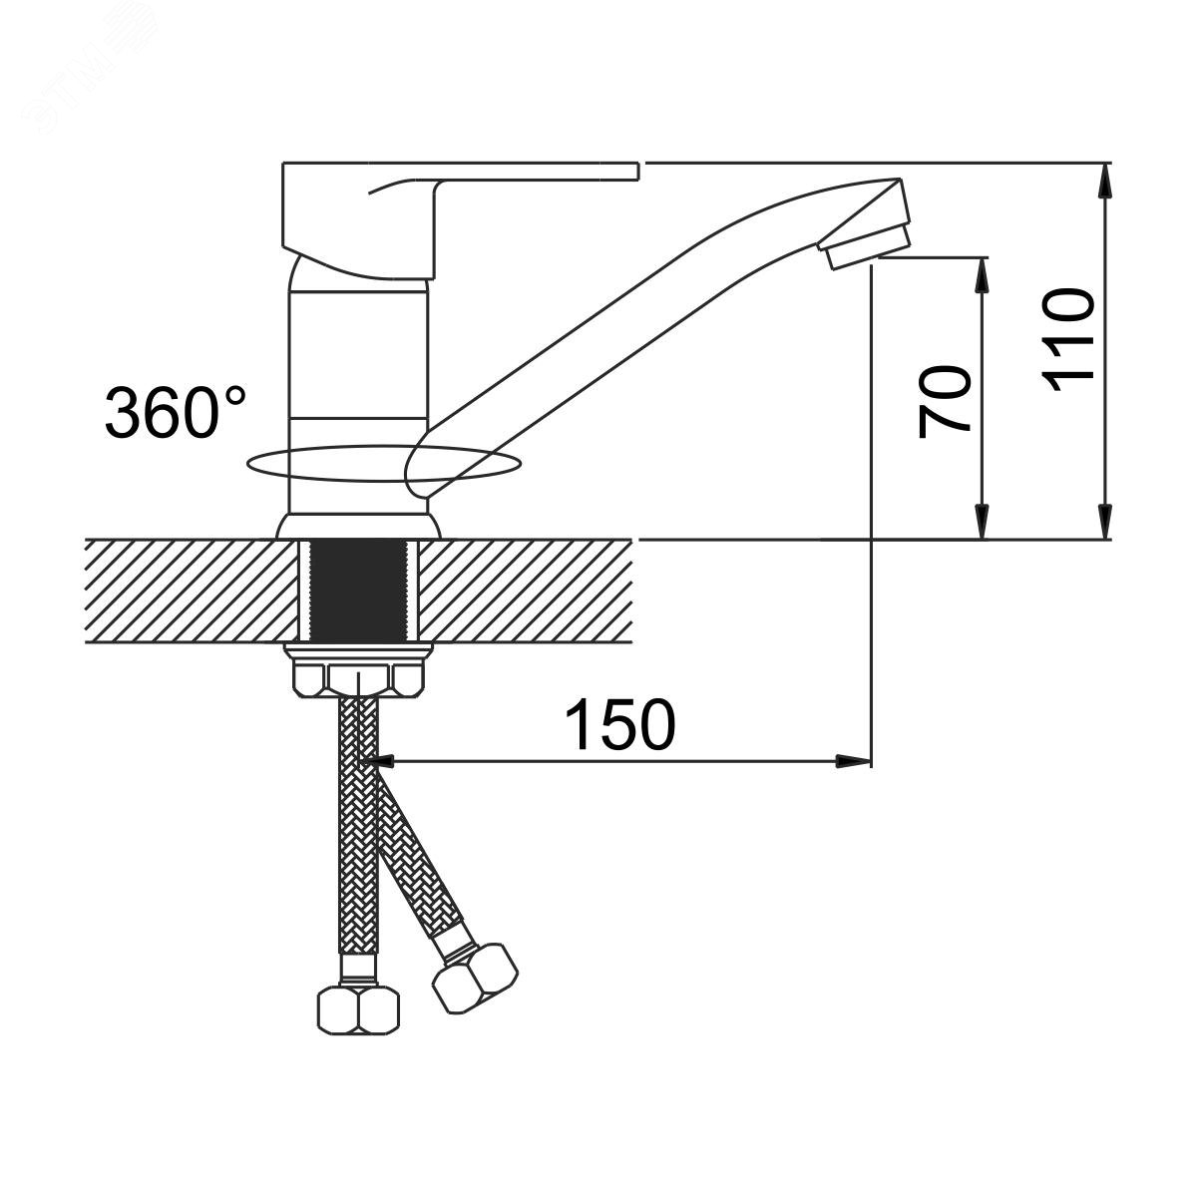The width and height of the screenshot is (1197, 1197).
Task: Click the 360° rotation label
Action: [x=176, y=412]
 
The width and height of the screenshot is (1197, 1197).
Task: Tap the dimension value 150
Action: [x=620, y=725]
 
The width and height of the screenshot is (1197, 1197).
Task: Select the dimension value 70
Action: [x=944, y=403]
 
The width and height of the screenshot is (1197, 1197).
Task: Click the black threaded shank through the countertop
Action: [x=358, y=592]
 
